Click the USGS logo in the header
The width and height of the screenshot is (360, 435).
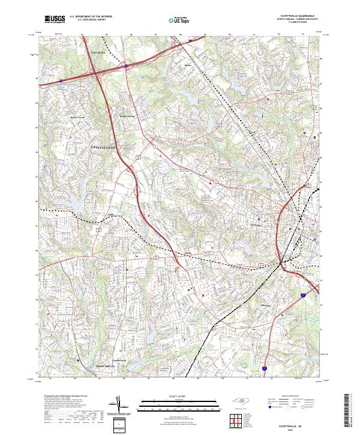click(x=55, y=20)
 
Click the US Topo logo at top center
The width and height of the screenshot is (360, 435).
click(x=178, y=20)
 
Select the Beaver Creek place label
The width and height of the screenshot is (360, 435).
click(x=79, y=118)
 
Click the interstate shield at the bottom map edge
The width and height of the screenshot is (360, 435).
click(x=264, y=373)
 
